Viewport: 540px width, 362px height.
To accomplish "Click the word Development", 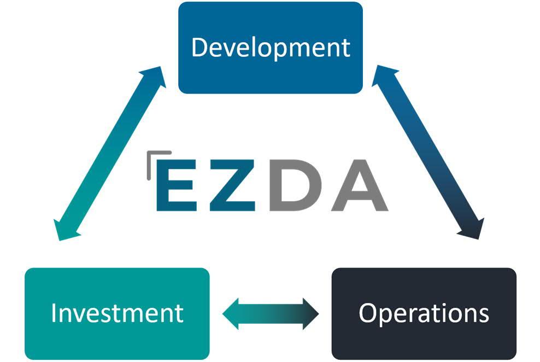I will pos(271,48).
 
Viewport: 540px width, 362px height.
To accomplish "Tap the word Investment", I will pos(117,313).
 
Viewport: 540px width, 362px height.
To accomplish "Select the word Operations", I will pos(424,313).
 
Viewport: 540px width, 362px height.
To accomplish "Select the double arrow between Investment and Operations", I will pos(271,314).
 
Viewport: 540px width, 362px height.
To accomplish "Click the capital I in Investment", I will pos(54,313).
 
